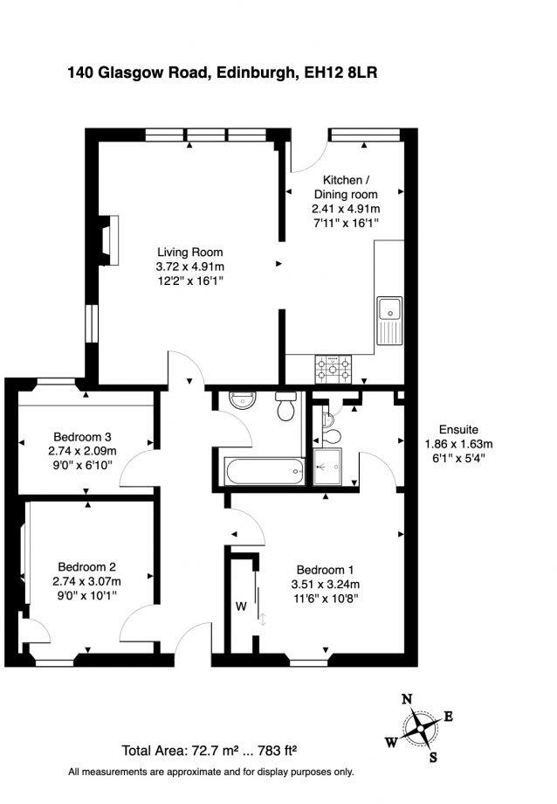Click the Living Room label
coord(189,253)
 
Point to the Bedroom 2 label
coord(87,565)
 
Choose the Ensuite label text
coord(457,429)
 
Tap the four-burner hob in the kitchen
coord(334,370)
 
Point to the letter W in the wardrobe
coord(240,604)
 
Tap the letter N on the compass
coord(406,699)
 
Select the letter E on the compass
coord(449,717)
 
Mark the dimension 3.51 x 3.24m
coord(325,585)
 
